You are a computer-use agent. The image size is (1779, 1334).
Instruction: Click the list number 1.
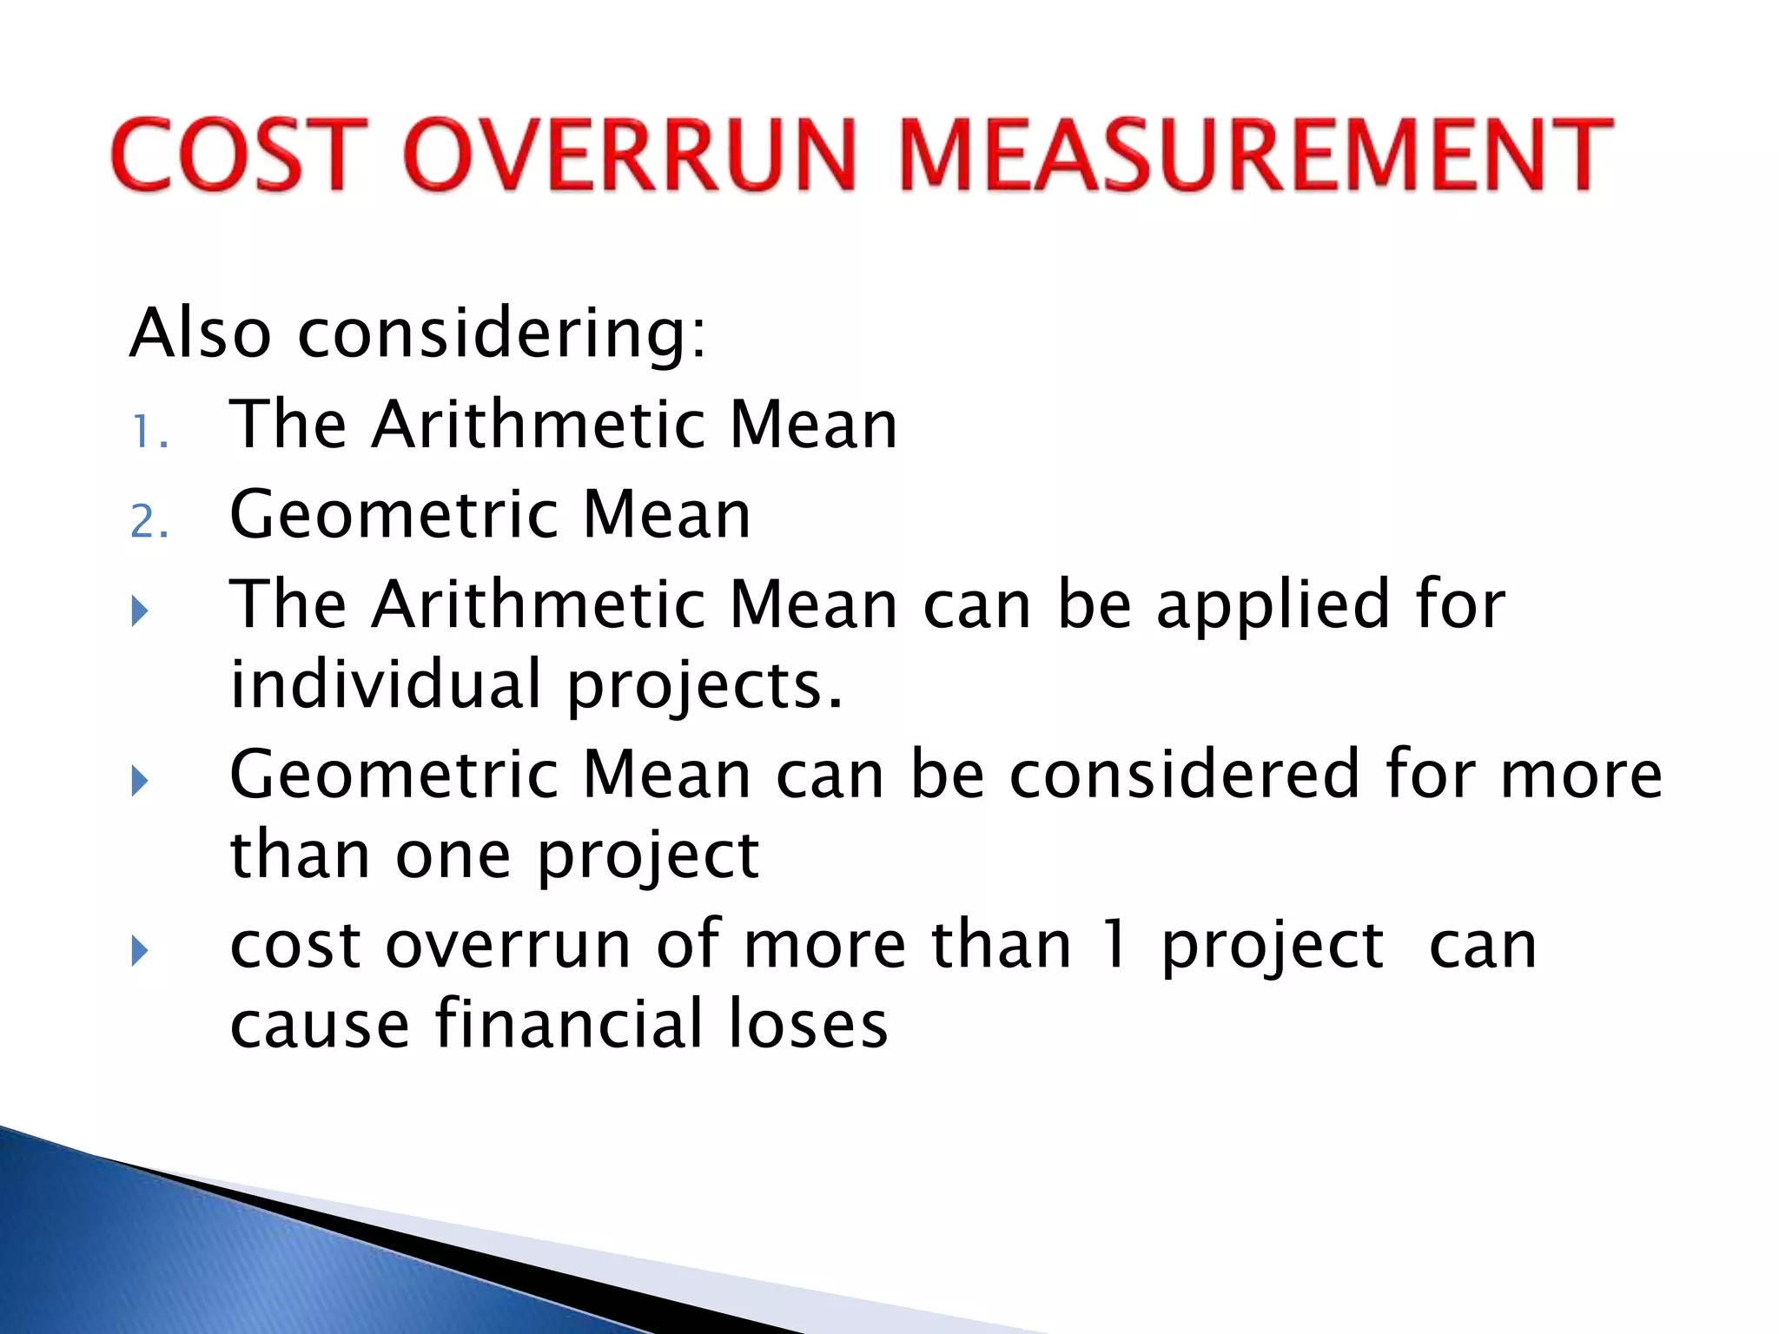(148, 432)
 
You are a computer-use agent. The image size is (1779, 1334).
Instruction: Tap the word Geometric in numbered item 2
(393, 514)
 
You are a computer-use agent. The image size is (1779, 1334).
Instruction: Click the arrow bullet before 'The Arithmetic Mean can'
(140, 611)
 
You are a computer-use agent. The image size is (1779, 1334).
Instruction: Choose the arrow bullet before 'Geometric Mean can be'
(140, 781)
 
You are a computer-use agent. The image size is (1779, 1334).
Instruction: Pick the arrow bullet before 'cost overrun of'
(140, 951)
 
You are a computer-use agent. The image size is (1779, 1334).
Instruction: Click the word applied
(1273, 605)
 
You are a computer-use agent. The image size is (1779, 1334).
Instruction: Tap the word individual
(386, 684)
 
